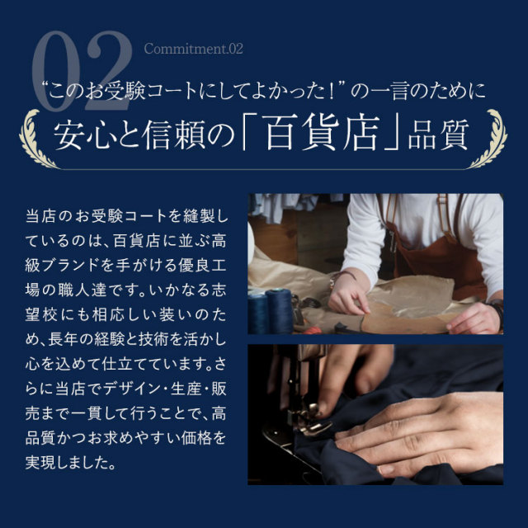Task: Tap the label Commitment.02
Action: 193,49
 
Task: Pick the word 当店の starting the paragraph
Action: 45,215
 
